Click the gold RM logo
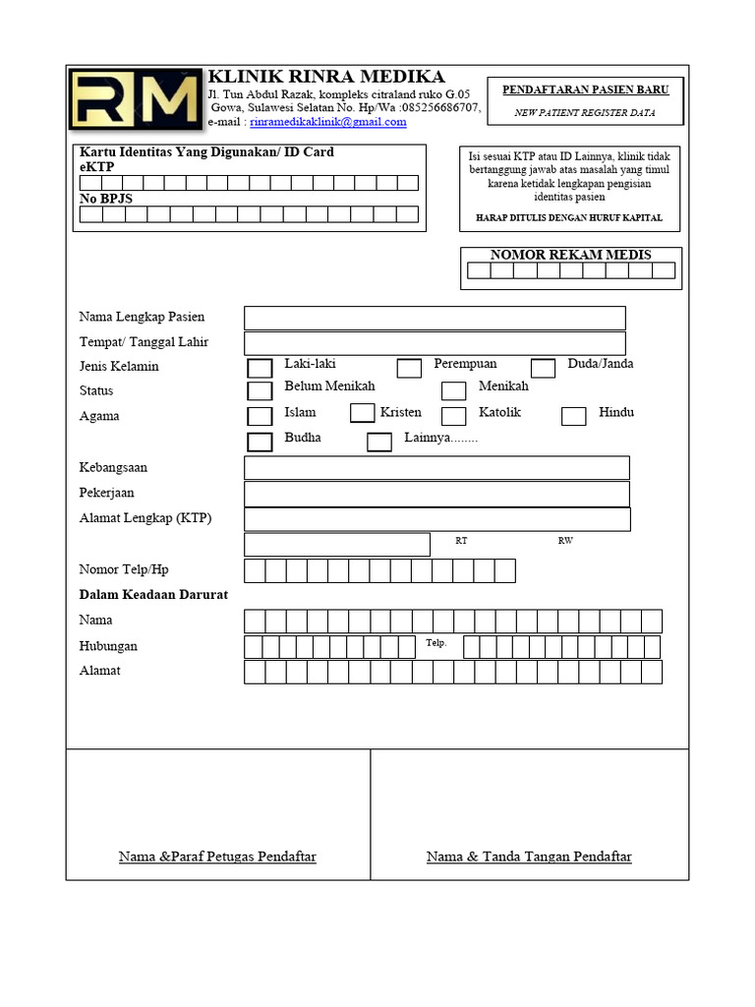136,99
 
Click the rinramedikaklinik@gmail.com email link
328,122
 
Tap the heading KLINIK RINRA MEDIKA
326,77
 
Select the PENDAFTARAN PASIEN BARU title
585,89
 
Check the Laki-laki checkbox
260,369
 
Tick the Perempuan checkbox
409,369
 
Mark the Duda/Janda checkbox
543,369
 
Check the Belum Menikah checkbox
260,391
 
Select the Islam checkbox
260,416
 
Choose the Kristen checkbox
362,413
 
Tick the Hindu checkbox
573,416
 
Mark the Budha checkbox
260,442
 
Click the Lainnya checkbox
379,442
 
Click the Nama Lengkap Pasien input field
435,318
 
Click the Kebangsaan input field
436,468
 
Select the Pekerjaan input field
436,493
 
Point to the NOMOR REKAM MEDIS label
570,255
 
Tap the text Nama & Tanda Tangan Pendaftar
529,857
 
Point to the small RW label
565,541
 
